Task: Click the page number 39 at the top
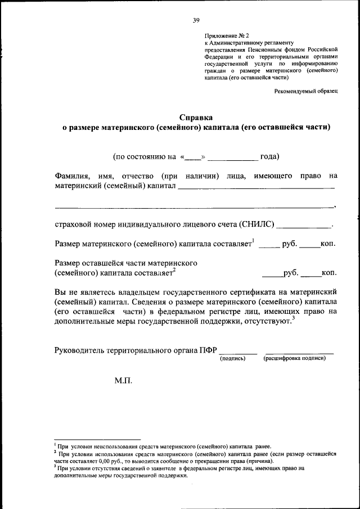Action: point(196,20)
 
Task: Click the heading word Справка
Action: point(196,118)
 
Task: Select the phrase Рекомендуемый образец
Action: point(306,91)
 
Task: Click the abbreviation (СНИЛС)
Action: point(257,224)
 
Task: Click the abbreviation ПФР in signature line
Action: point(207,350)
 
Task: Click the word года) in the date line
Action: point(269,156)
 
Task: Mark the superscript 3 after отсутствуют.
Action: point(294,318)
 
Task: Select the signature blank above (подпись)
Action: point(233,351)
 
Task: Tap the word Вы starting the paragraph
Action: point(61,292)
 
